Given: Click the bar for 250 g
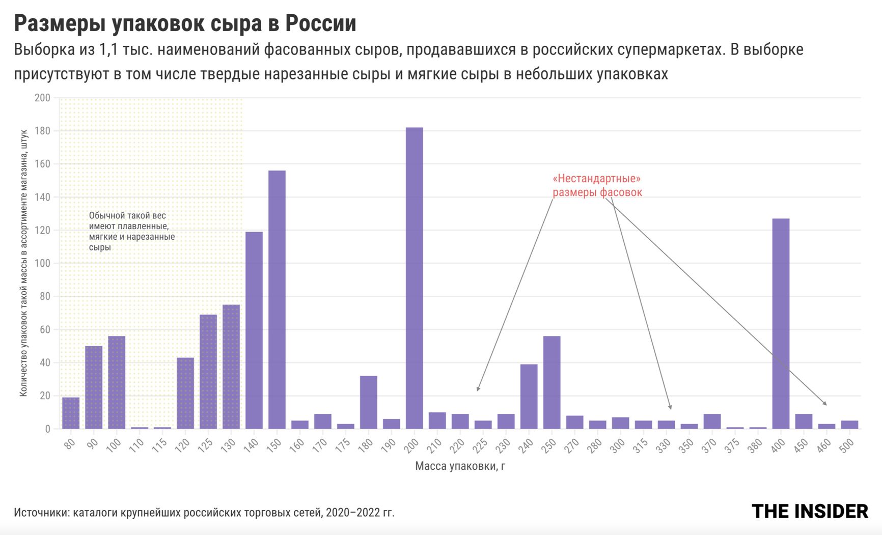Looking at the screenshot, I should point(552,382).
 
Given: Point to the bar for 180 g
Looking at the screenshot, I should point(368,402).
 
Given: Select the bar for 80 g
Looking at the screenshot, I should point(70,413).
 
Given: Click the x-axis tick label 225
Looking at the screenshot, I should point(480,445).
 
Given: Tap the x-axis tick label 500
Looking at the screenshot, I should point(846,445).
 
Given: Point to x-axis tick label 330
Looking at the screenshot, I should point(664,445).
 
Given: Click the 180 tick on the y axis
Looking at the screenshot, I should point(42,131).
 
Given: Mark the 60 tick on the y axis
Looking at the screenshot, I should point(45,329).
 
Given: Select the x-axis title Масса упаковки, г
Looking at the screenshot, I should point(460,466).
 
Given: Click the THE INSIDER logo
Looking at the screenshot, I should point(809,511).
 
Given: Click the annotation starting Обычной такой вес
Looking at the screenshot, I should point(131,231).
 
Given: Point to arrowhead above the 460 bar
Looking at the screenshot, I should point(825,404).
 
